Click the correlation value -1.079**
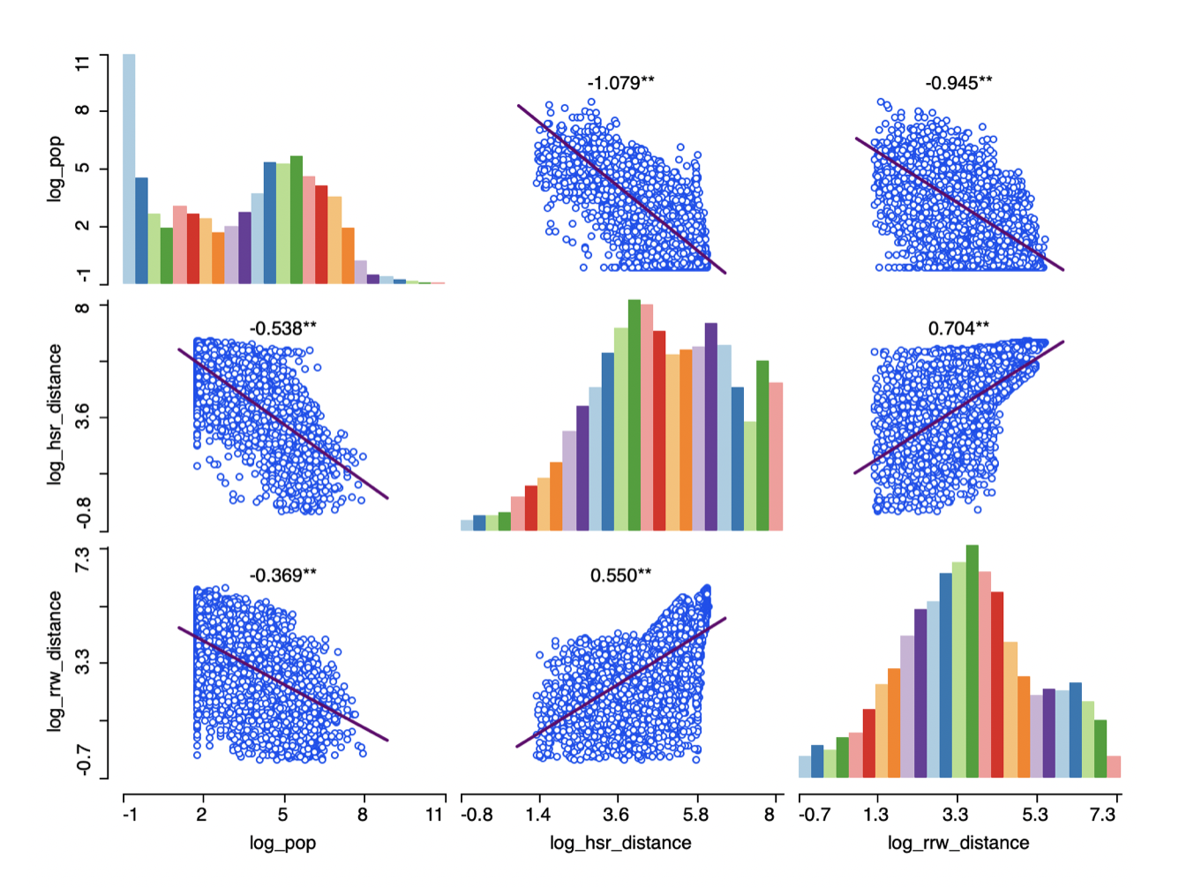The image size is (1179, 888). [x=621, y=83]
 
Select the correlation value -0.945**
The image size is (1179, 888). [x=958, y=83]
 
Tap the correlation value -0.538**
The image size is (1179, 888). [x=282, y=328]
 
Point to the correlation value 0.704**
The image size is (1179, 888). [x=958, y=328]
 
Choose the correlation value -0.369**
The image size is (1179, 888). [x=282, y=576]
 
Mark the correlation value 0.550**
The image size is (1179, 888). [x=621, y=576]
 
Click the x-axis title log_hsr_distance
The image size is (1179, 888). [x=620, y=843]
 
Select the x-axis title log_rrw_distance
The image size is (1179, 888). [x=958, y=843]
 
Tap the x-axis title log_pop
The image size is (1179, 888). [x=282, y=843]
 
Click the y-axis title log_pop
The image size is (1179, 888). [x=56, y=169]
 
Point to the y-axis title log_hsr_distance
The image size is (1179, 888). [x=56, y=414]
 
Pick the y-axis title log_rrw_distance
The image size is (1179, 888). [x=56, y=661]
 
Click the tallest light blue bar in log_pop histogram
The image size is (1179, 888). [x=129, y=168]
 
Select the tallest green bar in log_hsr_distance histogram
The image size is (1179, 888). [x=634, y=415]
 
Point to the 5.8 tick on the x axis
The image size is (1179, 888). [x=696, y=814]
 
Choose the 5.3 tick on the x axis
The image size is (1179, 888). [x=1035, y=814]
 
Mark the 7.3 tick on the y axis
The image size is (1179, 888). [x=82, y=558]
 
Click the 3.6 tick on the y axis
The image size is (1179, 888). [x=82, y=417]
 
